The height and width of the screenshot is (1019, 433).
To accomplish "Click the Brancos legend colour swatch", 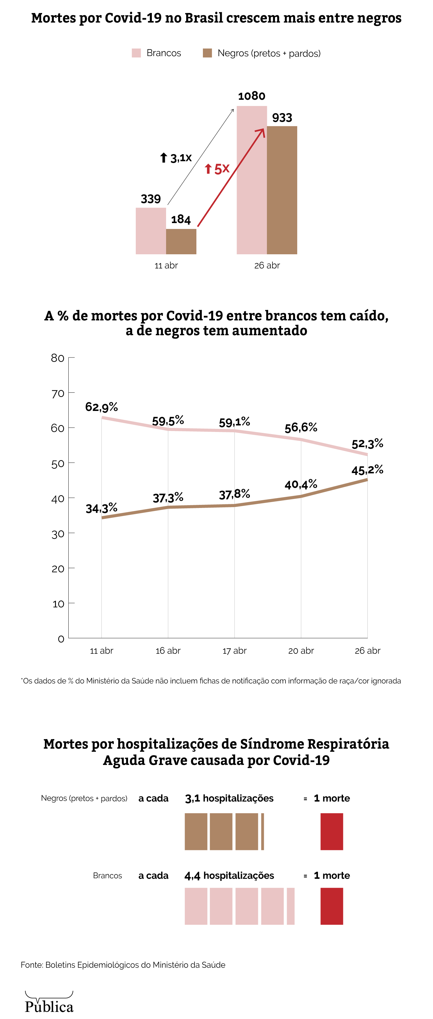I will (x=136, y=53).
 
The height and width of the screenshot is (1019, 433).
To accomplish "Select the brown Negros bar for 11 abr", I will (x=181, y=241).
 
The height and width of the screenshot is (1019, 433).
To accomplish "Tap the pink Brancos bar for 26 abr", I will (x=252, y=180).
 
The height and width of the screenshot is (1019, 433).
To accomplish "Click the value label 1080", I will (x=252, y=96).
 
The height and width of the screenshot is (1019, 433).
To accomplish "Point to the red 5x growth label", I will (x=217, y=169).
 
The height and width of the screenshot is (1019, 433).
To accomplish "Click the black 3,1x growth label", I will (x=176, y=158).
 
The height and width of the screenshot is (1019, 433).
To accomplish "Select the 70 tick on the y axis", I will (x=58, y=394).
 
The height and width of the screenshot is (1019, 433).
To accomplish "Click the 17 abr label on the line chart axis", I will (x=234, y=651).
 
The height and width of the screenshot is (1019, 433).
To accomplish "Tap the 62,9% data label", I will (x=101, y=407).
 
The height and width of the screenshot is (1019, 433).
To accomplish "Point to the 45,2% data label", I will (x=367, y=470).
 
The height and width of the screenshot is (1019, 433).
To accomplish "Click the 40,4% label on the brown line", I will (x=301, y=484).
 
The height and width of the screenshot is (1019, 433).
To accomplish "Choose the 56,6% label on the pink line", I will (x=301, y=427).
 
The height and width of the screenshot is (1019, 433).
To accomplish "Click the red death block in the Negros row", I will (x=332, y=831).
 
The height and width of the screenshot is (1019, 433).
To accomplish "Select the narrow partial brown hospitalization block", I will (x=262, y=831).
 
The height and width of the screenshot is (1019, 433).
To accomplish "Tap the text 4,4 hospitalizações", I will (x=229, y=875).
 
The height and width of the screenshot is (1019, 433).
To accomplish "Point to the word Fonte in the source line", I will (x=31, y=965).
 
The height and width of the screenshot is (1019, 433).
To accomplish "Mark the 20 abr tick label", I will (x=301, y=651).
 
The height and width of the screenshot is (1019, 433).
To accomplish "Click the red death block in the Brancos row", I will (x=332, y=906).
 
